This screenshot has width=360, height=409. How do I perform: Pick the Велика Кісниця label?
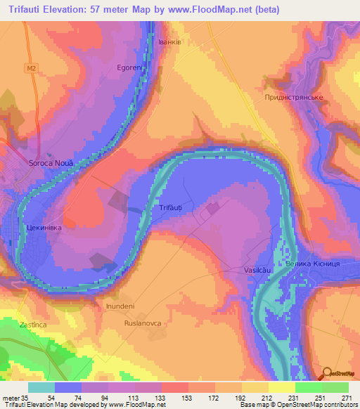click(x=314, y=264)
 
